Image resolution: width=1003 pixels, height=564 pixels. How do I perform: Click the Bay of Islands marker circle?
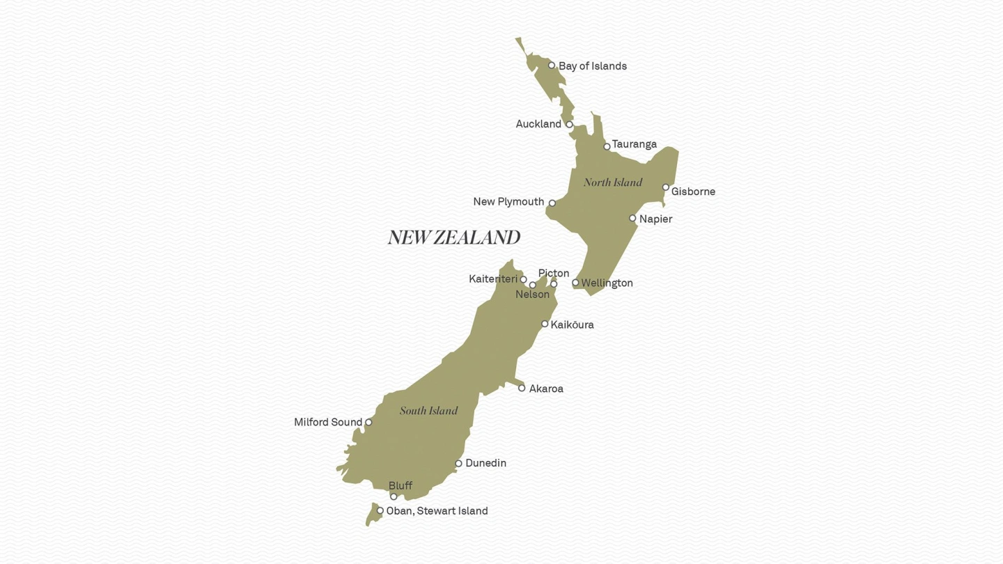click(x=552, y=65)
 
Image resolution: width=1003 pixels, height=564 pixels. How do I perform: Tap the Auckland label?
click(x=538, y=124)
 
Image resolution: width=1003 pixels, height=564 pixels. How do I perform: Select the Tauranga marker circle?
click(x=607, y=146)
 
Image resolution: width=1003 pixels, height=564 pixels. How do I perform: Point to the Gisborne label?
click(x=693, y=191)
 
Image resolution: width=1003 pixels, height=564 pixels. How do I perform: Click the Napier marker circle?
click(x=632, y=218)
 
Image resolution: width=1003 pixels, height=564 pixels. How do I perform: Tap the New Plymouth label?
click(x=508, y=202)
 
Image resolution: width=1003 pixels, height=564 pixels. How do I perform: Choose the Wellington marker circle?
click(x=575, y=283)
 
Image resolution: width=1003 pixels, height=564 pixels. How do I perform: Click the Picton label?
click(x=554, y=273)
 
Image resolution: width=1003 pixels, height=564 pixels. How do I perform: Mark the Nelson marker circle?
click(x=532, y=285)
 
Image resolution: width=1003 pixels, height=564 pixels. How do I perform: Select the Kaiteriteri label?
click(x=493, y=279)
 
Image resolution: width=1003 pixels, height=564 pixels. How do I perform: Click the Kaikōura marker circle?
click(x=545, y=324)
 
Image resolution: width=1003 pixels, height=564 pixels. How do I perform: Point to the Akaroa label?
click(x=546, y=389)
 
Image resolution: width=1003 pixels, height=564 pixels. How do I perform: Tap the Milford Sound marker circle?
click(x=368, y=422)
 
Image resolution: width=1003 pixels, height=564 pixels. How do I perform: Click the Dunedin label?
click(x=485, y=463)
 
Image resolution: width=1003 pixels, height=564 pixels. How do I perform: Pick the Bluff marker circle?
click(x=394, y=496)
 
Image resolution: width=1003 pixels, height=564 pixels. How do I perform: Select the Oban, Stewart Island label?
click(x=437, y=511)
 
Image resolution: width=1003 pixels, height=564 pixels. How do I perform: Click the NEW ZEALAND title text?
click(x=454, y=238)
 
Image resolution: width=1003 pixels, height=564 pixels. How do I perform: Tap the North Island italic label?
click(x=613, y=182)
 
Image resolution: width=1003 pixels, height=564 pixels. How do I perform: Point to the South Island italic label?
click(x=428, y=411)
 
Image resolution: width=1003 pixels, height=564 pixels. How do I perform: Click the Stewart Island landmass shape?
click(x=372, y=517)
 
